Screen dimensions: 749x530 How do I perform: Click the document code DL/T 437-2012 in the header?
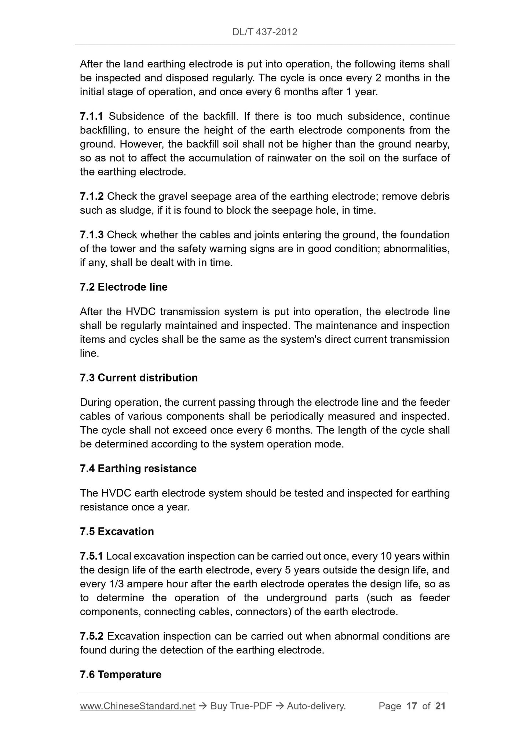pyautogui.click(x=264, y=32)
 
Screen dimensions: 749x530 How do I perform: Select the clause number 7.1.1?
pyautogui.click(x=92, y=117)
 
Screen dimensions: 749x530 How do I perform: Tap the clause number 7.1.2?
pyautogui.click(x=92, y=197)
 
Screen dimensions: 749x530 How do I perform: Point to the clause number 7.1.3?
pyautogui.click(x=92, y=235)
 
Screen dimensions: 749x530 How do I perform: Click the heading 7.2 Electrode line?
pyautogui.click(x=124, y=287)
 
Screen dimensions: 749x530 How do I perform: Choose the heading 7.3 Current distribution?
pyautogui.click(x=139, y=378)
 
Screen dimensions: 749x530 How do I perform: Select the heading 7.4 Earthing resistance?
pyautogui.click(x=138, y=469)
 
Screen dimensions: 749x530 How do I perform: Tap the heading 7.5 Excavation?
pyautogui.click(x=117, y=532)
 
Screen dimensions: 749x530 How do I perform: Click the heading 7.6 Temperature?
pyautogui.click(x=120, y=675)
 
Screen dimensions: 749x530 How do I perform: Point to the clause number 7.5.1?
pyautogui.click(x=91, y=556)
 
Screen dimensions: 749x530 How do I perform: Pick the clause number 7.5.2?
pyautogui.click(x=92, y=636)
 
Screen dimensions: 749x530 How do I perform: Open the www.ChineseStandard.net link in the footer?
pyautogui.click(x=138, y=706)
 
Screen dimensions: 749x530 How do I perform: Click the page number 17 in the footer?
pyautogui.click(x=412, y=706)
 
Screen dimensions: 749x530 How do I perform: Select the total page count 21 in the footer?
pyautogui.click(x=440, y=706)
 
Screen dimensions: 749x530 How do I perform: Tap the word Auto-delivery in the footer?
pyautogui.click(x=316, y=706)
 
